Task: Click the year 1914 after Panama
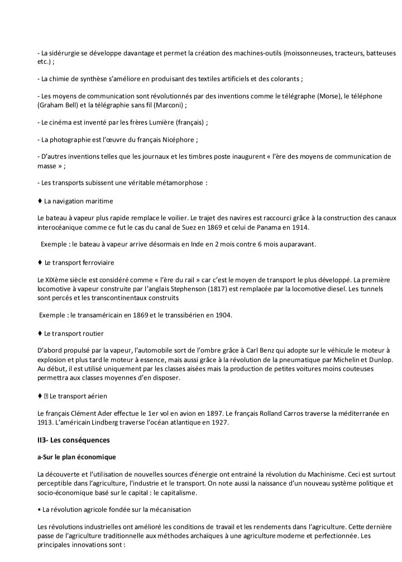point(297,227)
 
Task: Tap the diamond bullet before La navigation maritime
point(40,201)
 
